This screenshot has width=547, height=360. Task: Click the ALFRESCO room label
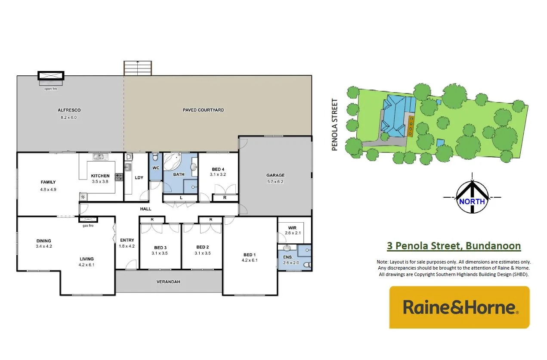coord(69,110)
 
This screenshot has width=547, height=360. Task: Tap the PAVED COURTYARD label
coord(204,110)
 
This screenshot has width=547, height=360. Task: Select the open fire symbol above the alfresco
coord(51,76)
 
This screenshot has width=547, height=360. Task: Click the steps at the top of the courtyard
coord(138,68)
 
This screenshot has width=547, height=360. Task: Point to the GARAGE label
coord(275,175)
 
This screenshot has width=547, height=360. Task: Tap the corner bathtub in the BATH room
coord(174,162)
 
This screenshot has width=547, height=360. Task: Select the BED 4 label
coord(218,169)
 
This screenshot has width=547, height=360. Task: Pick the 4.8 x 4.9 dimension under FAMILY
coord(48,189)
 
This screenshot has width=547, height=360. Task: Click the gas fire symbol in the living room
coord(88,220)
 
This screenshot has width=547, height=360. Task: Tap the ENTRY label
coord(127,240)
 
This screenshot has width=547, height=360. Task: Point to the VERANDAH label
coord(168,282)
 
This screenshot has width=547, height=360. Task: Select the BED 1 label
coord(250,254)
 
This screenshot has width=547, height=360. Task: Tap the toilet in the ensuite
coord(307,265)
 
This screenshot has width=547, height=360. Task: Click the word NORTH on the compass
coord(472,201)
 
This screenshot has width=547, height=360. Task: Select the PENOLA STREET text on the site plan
coord(335,125)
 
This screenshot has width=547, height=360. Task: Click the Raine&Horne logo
coord(459,307)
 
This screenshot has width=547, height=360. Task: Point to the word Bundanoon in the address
coord(493,246)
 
